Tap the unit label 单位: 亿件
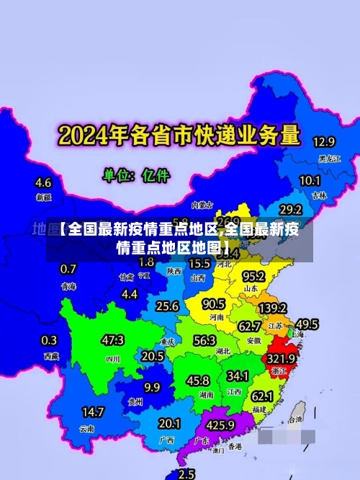tap(136, 174)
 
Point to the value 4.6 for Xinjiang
tap(43, 182)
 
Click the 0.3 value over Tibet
tap(49, 340)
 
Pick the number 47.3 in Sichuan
tap(112, 339)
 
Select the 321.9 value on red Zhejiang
tap(282, 358)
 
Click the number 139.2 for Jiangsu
tap(273, 308)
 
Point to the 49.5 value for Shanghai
tap(307, 324)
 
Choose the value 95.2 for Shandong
tap(253, 277)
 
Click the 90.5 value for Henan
tap(214, 303)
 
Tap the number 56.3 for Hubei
tap(204, 340)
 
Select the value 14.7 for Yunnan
tap(92, 412)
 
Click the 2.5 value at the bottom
tap(186, 474)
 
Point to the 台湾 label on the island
tap(296, 419)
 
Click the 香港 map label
tap(235, 446)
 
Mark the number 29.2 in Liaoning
tap(290, 210)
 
